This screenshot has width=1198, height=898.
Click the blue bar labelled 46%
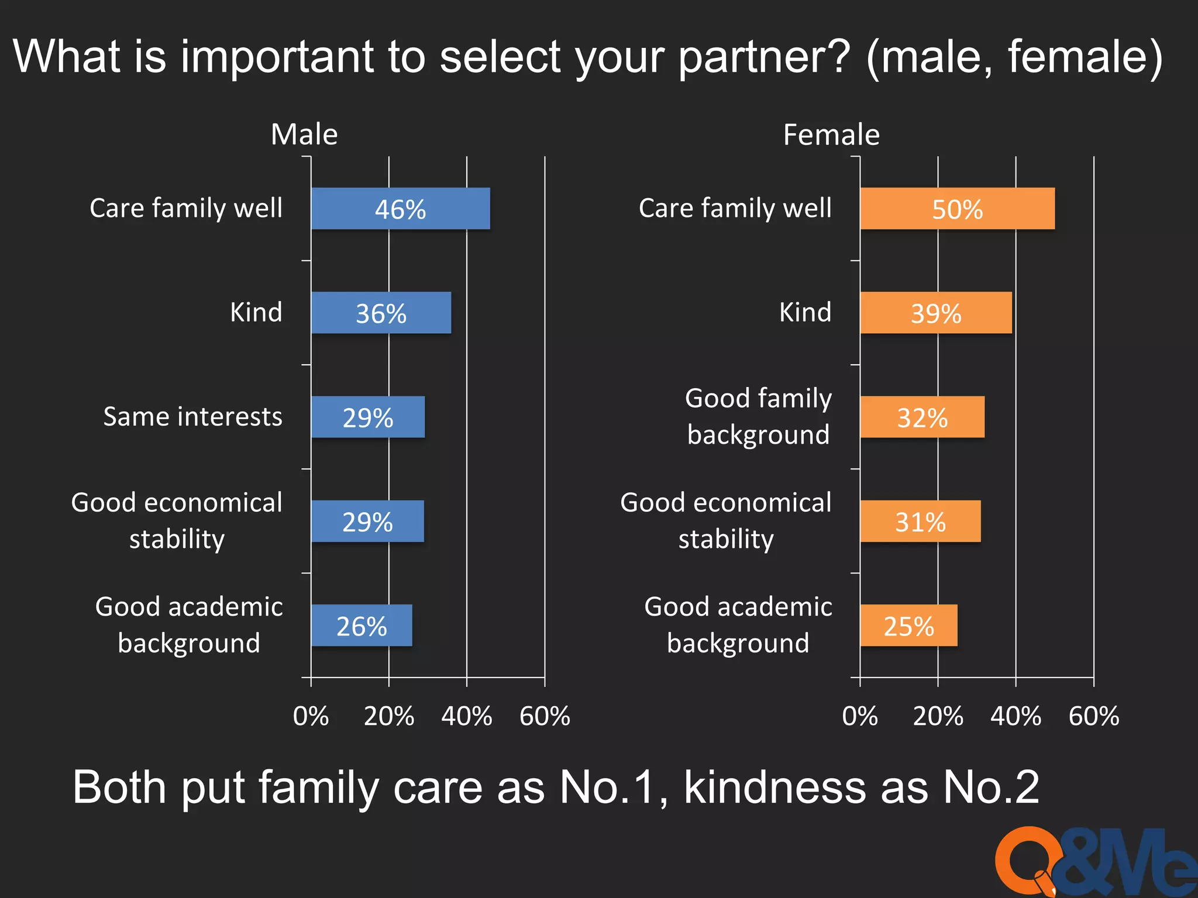400,209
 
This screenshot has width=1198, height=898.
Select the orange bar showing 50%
957,209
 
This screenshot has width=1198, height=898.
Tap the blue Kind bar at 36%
381,313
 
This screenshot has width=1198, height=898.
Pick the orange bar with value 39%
935,313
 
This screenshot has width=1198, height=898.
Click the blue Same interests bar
367,417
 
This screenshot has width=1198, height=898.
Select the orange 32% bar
922,417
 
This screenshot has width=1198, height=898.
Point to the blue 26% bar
361,626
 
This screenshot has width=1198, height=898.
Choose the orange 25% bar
908,626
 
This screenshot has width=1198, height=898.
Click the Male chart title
304,134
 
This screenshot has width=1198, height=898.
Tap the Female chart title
831,135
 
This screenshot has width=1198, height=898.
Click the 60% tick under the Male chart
545,716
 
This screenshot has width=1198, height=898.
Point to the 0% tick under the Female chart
860,716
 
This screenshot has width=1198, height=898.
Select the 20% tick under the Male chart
389,716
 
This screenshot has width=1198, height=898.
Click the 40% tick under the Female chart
1016,716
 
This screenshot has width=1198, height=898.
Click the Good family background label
758,416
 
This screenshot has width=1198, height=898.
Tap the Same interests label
192,417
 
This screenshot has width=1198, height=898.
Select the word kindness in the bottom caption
774,787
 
